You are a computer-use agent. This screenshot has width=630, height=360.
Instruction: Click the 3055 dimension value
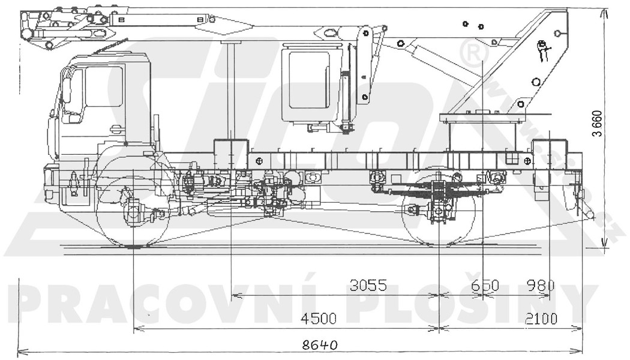pos(368,286)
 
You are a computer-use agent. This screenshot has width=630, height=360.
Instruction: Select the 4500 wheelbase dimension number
pos(318,318)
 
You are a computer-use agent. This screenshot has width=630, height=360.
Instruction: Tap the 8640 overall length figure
pos(320,345)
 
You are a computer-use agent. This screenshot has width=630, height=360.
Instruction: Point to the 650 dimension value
pos(485,286)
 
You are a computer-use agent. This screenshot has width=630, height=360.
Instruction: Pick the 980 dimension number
pos(540,286)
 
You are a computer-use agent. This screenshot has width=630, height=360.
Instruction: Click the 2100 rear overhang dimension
pos(541,318)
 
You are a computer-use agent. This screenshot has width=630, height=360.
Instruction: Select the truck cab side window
pos(103,87)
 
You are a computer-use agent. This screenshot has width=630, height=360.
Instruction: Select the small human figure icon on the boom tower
pos(543,51)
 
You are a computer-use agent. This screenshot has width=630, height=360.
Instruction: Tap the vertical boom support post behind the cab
pos(230,90)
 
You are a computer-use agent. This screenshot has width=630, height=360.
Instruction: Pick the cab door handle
pos(116,128)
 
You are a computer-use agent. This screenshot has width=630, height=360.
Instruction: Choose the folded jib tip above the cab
pos(30,27)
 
